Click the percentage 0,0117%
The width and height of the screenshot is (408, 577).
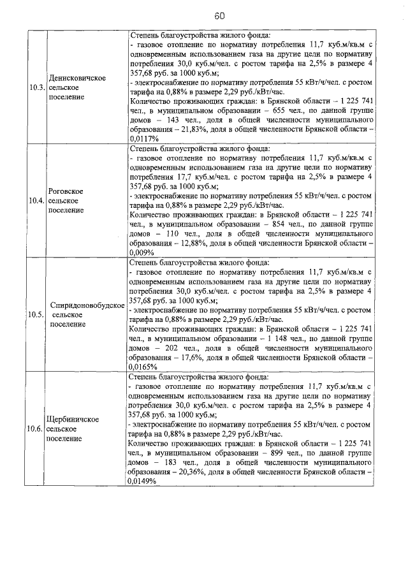click(x=144, y=138)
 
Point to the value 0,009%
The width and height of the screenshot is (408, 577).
click(x=142, y=252)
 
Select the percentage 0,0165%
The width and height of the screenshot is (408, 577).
click(x=144, y=367)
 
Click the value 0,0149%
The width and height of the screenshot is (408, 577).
click(x=144, y=481)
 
